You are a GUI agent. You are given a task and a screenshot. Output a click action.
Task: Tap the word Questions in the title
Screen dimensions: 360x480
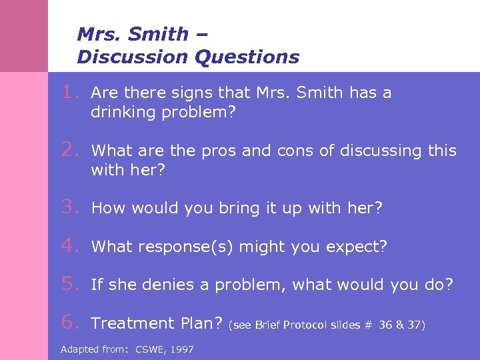pyautogui.click(x=247, y=57)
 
